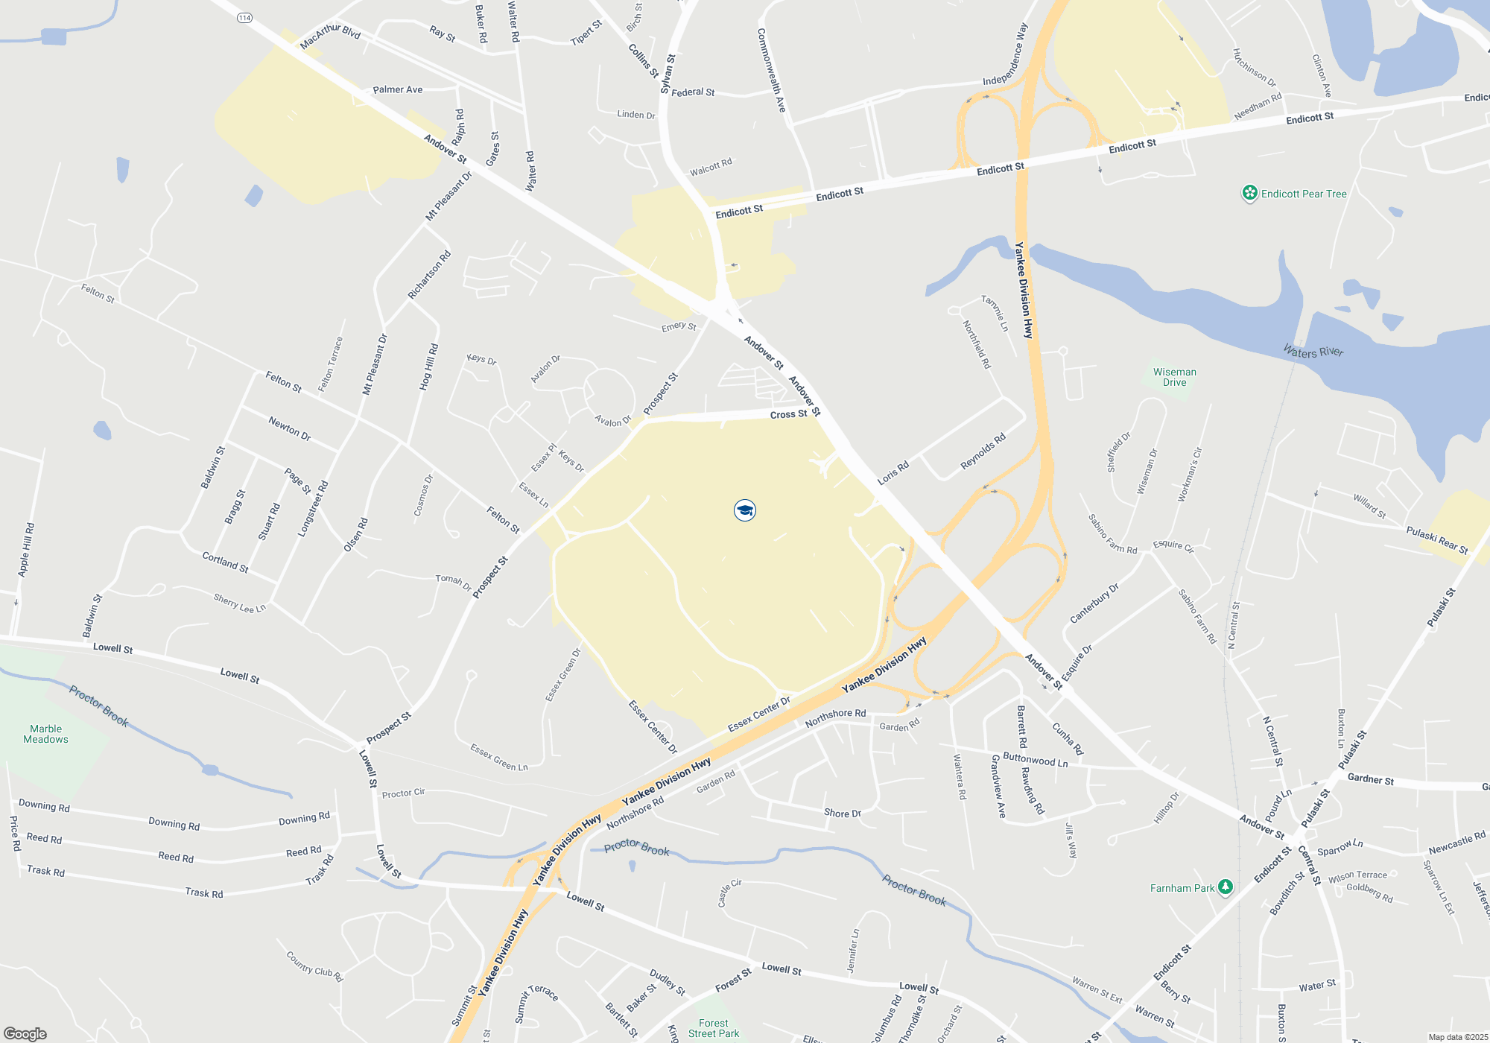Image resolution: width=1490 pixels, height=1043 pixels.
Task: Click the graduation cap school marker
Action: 744,510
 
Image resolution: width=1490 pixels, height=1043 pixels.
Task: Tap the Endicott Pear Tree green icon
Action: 1249,194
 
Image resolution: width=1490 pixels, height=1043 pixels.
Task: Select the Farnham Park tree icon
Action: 1226,887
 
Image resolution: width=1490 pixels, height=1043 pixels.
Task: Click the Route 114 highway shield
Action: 245,18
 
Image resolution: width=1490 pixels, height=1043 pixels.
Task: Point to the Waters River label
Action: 1313,351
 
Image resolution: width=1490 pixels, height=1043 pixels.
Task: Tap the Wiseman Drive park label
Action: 1174,377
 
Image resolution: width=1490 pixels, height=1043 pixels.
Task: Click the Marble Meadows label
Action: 45,734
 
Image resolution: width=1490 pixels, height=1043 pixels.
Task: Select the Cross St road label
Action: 788,414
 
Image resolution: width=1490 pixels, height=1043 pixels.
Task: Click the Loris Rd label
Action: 893,473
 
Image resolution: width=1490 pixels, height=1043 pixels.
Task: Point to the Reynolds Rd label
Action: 983,451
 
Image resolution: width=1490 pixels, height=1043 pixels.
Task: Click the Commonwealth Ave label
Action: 771,70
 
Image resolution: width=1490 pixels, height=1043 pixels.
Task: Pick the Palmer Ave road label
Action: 397,90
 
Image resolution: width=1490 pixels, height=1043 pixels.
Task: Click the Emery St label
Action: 679,326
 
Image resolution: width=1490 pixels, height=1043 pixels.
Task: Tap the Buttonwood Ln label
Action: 1035,760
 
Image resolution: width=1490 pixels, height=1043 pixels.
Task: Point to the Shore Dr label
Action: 842,813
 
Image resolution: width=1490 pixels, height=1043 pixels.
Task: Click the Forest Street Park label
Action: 714,1028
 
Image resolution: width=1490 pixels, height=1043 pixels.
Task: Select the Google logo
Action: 25,1033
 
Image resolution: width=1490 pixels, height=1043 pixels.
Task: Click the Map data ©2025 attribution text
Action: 1457,1037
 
